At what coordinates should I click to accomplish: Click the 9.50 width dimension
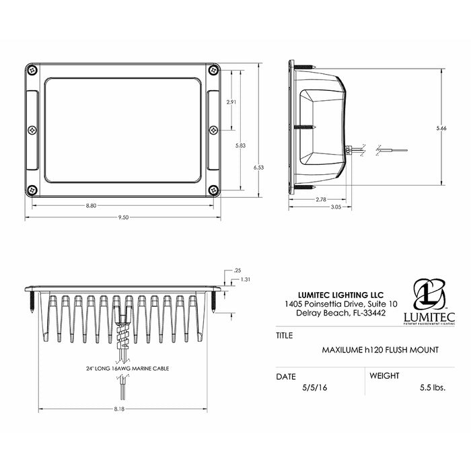tap(123, 218)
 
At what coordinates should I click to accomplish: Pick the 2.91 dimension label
tap(231, 102)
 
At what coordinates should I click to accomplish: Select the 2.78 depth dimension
tap(320, 199)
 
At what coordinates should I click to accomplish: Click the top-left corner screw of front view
tap(31, 69)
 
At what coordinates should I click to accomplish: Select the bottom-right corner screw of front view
tap(213, 190)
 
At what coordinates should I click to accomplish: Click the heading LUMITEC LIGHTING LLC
tap(340, 294)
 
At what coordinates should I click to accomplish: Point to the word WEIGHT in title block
tap(384, 375)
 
